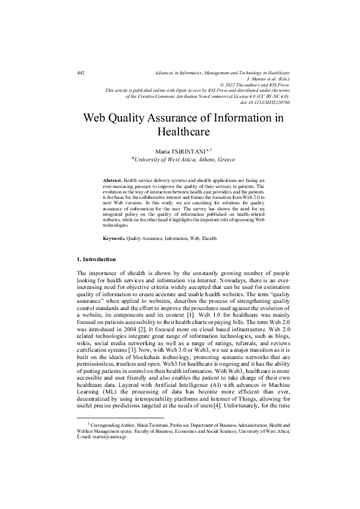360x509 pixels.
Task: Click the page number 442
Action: [x=81, y=73]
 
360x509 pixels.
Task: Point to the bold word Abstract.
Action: [x=113, y=181]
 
